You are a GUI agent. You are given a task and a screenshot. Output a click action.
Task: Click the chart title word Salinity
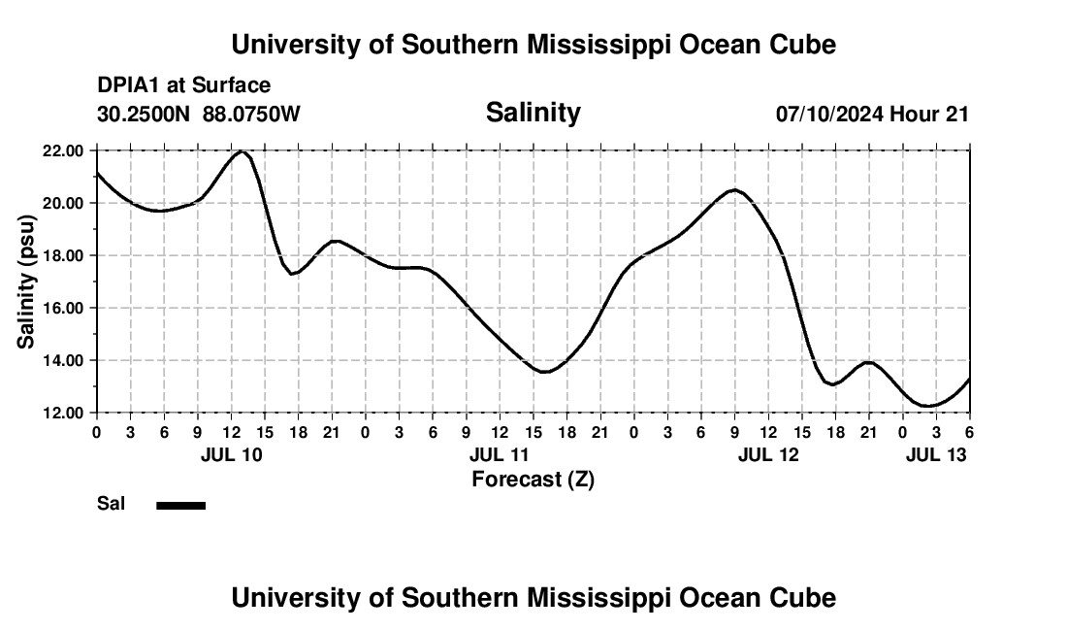pyautogui.click(x=533, y=113)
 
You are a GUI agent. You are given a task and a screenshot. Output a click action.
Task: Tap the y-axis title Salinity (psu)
pyautogui.click(x=26, y=282)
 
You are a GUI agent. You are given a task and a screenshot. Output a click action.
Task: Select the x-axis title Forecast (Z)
pyautogui.click(x=533, y=480)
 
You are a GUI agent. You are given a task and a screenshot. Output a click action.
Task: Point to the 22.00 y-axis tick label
pyautogui.click(x=62, y=150)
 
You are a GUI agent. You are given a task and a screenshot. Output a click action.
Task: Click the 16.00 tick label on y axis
pyautogui.click(x=62, y=308)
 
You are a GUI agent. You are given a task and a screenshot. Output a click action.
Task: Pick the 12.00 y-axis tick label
pyautogui.click(x=62, y=413)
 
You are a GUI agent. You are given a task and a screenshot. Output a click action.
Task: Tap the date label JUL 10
pyautogui.click(x=231, y=454)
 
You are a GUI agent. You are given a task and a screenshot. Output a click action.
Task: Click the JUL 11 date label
pyautogui.click(x=500, y=454)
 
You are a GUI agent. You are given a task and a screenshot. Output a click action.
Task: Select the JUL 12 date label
pyautogui.click(x=768, y=454)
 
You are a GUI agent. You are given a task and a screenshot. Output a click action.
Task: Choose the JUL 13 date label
pyautogui.click(x=935, y=454)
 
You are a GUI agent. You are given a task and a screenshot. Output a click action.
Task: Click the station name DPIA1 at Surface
pyautogui.click(x=183, y=86)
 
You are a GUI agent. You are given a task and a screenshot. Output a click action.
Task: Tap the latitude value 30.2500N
pyautogui.click(x=145, y=114)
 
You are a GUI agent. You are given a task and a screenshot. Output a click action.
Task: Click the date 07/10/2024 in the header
pyautogui.click(x=829, y=114)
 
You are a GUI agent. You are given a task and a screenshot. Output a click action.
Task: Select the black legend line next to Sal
pyautogui.click(x=180, y=505)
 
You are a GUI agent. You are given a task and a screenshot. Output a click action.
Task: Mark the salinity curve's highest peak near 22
pyautogui.click(x=241, y=151)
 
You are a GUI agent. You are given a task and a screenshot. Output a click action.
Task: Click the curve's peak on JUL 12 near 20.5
pyautogui.click(x=735, y=189)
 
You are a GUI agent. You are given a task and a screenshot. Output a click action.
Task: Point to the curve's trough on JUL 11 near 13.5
pyautogui.click(x=545, y=372)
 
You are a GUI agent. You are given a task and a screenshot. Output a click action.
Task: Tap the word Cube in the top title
pyautogui.click(x=804, y=45)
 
